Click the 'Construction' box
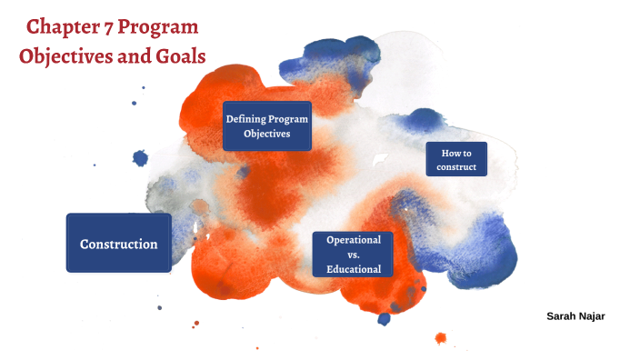click(118, 244)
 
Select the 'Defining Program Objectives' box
click(266, 126)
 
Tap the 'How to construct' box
click(456, 159)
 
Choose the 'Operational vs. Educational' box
click(354, 254)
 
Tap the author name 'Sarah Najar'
click(575, 315)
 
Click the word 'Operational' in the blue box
click(354, 239)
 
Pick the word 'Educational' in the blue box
click(354, 269)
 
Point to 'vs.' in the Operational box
click(354, 255)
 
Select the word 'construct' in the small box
click(456, 167)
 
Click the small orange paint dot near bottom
click(441, 338)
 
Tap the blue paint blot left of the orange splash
click(140, 158)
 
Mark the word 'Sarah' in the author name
click(561, 315)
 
